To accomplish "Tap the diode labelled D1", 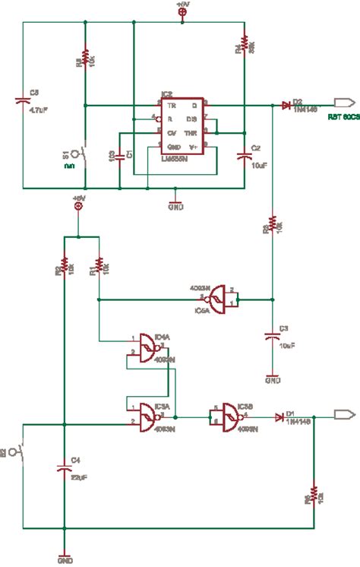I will click(x=280, y=417).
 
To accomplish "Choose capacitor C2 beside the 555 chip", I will click(x=244, y=155).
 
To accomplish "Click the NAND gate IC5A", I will click(x=219, y=299).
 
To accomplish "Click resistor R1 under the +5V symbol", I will click(x=98, y=268).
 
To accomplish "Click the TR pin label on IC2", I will click(x=172, y=105).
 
